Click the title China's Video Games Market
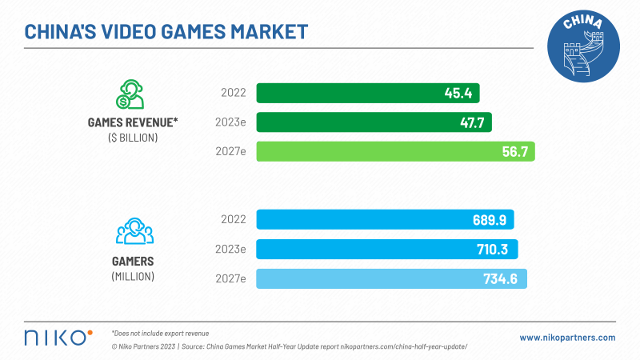pyautogui.click(x=166, y=31)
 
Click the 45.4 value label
pyautogui.click(x=458, y=93)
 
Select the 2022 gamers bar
pyautogui.click(x=384, y=220)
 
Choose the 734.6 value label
pyautogui.click(x=500, y=278)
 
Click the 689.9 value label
pyautogui.click(x=487, y=220)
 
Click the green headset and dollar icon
pyautogui.click(x=132, y=94)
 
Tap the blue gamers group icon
pyautogui.click(x=134, y=231)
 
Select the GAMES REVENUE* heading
pyautogui.click(x=134, y=123)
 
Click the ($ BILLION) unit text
pyautogui.click(x=134, y=138)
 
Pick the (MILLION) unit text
pyautogui.click(x=134, y=276)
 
